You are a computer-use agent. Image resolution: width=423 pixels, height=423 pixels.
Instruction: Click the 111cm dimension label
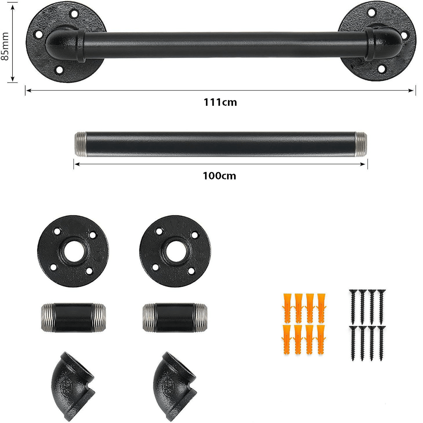click(220, 102)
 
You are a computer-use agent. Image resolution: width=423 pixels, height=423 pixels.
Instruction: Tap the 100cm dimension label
click(219, 176)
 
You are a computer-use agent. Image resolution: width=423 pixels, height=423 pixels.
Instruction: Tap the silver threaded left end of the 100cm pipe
click(80, 144)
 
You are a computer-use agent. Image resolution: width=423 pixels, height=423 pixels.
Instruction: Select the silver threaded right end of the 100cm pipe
click(361, 144)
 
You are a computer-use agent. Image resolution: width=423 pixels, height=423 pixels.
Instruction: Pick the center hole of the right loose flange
click(176, 251)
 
